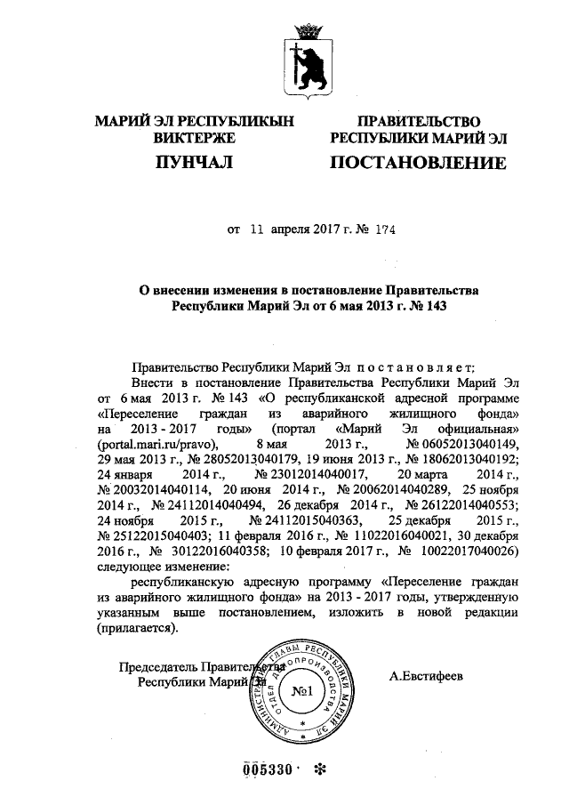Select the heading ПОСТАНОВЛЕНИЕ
point(418,163)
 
